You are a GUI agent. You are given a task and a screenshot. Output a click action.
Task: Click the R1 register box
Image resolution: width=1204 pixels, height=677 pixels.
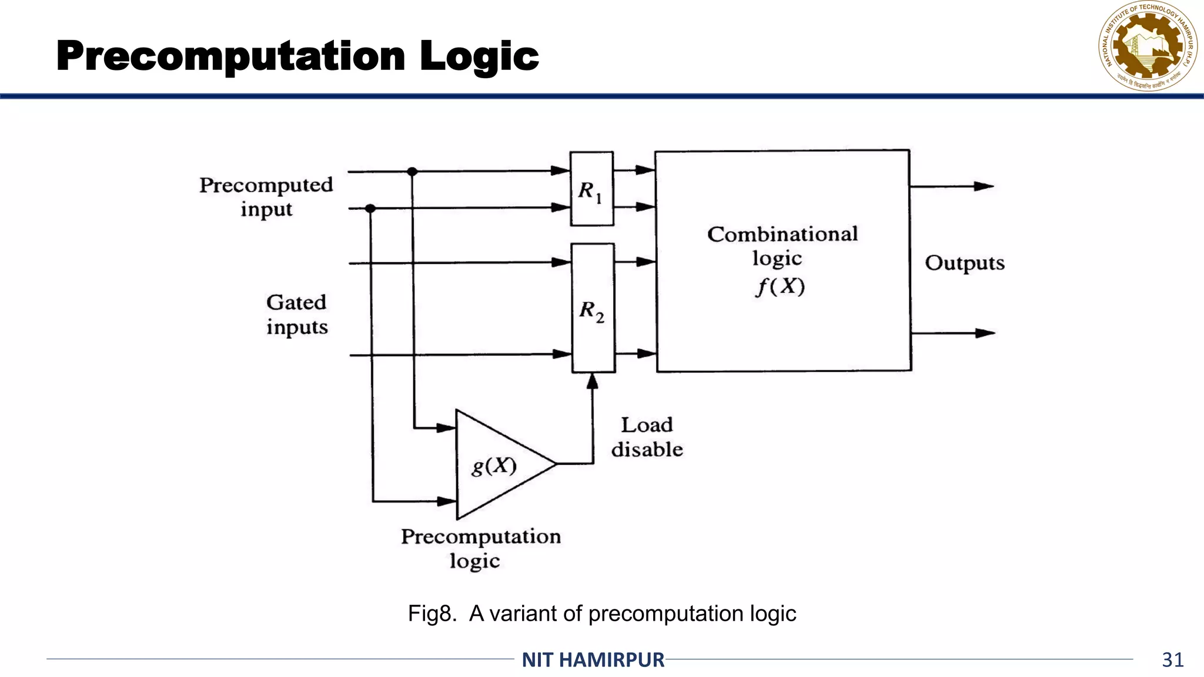591,189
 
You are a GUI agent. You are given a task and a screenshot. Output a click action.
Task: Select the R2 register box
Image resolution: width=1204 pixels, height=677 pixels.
593,308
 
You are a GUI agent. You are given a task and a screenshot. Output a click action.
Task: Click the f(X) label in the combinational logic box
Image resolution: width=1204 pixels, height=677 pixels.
780,287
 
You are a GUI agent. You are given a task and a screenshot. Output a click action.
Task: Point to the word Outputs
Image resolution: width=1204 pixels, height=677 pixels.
964,263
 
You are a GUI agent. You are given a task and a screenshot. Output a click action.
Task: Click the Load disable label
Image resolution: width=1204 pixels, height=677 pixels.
647,437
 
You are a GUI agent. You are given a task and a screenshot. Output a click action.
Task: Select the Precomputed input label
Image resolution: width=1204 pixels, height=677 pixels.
266,197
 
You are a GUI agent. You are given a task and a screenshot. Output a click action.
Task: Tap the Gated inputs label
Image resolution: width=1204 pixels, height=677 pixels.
297,314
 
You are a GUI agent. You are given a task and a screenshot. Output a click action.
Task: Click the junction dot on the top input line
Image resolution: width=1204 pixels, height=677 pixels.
412,172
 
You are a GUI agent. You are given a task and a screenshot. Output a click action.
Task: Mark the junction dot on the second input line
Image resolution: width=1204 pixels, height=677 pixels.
370,209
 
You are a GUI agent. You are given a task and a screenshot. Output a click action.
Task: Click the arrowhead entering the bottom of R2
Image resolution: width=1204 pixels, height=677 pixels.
593,382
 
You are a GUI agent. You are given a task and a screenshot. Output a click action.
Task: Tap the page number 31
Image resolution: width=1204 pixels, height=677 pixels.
1172,660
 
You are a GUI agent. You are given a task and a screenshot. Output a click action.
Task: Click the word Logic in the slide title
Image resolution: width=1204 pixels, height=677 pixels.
479,56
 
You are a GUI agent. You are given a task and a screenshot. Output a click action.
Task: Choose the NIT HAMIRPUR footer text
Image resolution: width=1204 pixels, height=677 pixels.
593,660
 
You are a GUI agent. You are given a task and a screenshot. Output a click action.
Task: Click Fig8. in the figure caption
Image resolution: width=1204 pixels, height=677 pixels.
432,614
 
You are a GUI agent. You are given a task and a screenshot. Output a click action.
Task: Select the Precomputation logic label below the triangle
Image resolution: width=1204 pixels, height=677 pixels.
481,548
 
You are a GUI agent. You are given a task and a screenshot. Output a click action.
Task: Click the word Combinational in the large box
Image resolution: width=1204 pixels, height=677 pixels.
782,234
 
